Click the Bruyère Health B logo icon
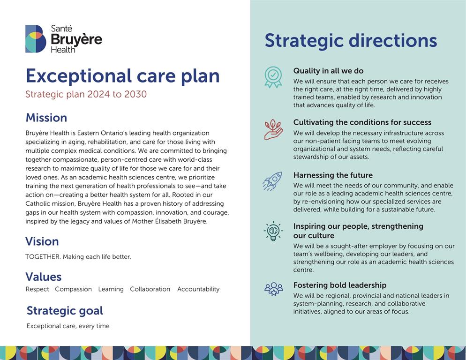[x=36, y=39]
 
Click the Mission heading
[x=46, y=118]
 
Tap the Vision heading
[x=42, y=241]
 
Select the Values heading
[x=44, y=277]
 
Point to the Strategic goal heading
[x=65, y=311]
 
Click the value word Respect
[x=38, y=289]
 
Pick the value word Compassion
[x=74, y=289]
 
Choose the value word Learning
[x=111, y=289]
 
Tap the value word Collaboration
[x=150, y=289]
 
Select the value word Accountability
[x=198, y=289]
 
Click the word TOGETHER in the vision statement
[x=43, y=256]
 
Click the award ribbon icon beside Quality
[x=273, y=77]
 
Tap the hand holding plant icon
[x=273, y=129]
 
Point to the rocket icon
[x=272, y=181]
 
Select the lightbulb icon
[x=273, y=231]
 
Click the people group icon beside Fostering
[x=273, y=289]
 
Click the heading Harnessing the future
[x=333, y=175]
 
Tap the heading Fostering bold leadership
[x=340, y=285]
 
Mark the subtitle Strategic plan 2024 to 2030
[x=86, y=94]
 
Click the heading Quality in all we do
[x=328, y=71]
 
